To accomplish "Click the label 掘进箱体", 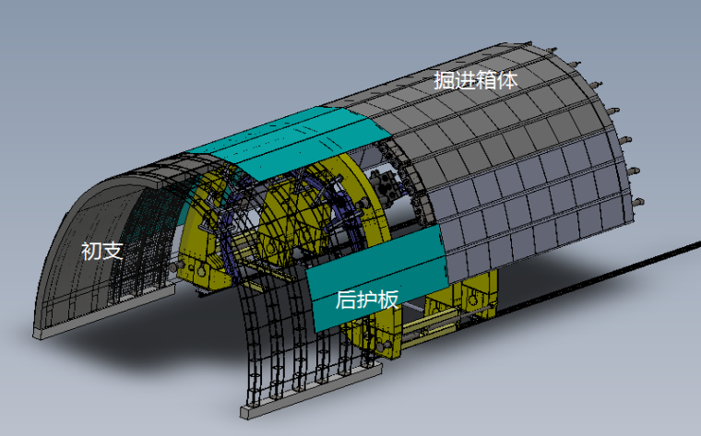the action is point(476,80).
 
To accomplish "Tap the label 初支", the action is point(102,251).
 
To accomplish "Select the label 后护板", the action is point(366,300).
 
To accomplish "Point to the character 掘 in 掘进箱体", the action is point(444,80).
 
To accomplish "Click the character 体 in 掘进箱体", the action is point(508,80).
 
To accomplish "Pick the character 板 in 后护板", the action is point(387,300).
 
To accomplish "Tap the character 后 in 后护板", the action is point(346,300).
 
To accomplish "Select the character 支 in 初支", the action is point(113,251).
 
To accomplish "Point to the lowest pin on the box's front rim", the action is point(638,203).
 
